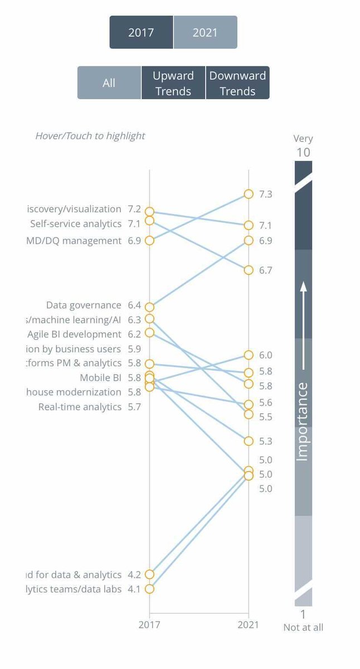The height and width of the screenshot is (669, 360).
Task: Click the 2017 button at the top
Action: tap(141, 32)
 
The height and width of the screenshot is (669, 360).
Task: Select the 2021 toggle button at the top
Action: tap(205, 32)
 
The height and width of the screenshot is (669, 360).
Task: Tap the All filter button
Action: tap(109, 83)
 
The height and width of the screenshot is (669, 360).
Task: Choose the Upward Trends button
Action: tap(173, 83)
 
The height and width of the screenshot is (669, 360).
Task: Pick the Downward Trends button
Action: tap(237, 83)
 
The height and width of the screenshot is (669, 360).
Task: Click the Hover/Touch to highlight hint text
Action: tap(90, 135)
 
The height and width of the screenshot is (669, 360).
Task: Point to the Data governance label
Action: tap(84, 305)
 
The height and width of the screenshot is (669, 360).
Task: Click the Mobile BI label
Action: tap(100, 377)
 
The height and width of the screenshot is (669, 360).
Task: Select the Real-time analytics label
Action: tap(80, 406)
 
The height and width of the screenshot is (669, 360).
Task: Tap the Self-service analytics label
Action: tap(76, 224)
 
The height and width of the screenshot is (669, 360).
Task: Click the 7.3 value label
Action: tap(265, 194)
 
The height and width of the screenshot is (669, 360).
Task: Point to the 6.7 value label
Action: tap(265, 270)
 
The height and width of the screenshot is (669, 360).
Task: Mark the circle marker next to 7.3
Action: tap(249, 194)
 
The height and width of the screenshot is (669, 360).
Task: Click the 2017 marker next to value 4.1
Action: tap(149, 589)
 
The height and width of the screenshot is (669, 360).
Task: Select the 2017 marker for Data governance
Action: tap(149, 307)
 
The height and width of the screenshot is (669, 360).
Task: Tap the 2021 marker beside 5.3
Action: tap(249, 441)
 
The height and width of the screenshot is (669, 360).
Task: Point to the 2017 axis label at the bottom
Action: tap(149, 625)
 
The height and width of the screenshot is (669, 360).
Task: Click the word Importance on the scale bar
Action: tap(302, 421)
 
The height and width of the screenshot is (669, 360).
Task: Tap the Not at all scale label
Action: tap(303, 627)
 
